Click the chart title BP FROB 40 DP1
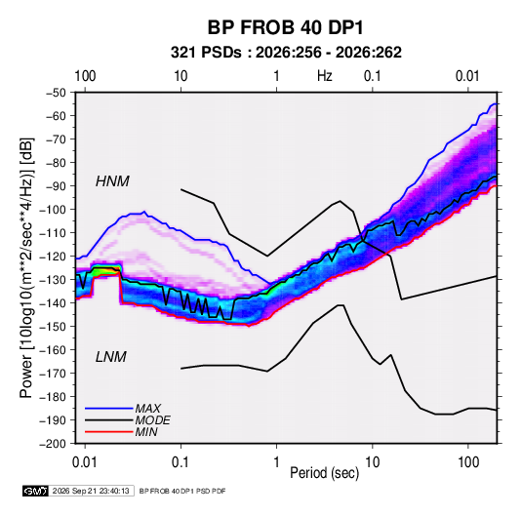coord(285,27)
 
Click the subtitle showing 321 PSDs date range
coord(286,53)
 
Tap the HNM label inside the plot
coord(112,181)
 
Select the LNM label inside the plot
coord(111,357)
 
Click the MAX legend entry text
coord(147,408)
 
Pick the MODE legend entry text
coord(153,420)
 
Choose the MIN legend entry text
coord(146,432)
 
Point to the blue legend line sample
coord(109,408)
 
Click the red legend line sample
coord(109,432)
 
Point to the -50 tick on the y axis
coord(56,93)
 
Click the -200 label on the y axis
coord(53,444)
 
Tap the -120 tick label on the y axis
coord(53,257)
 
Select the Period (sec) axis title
coord(325,473)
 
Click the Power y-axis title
coord(27,268)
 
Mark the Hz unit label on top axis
coord(325,76)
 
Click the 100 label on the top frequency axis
coord(85,76)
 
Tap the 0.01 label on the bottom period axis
coord(85,462)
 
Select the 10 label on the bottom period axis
coord(372,462)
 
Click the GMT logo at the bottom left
coord(35,491)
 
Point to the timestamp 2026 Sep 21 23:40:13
coord(91,491)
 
